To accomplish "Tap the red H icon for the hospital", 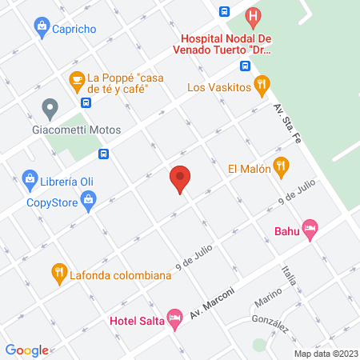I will click(254, 15).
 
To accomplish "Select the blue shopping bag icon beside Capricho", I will click(41, 28).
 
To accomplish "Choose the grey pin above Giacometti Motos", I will click(50, 106).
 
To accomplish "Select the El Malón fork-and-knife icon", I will click(280, 168).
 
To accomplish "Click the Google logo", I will click(26, 350).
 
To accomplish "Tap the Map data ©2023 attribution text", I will click(326, 353).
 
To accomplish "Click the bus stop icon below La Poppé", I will click(86, 102).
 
